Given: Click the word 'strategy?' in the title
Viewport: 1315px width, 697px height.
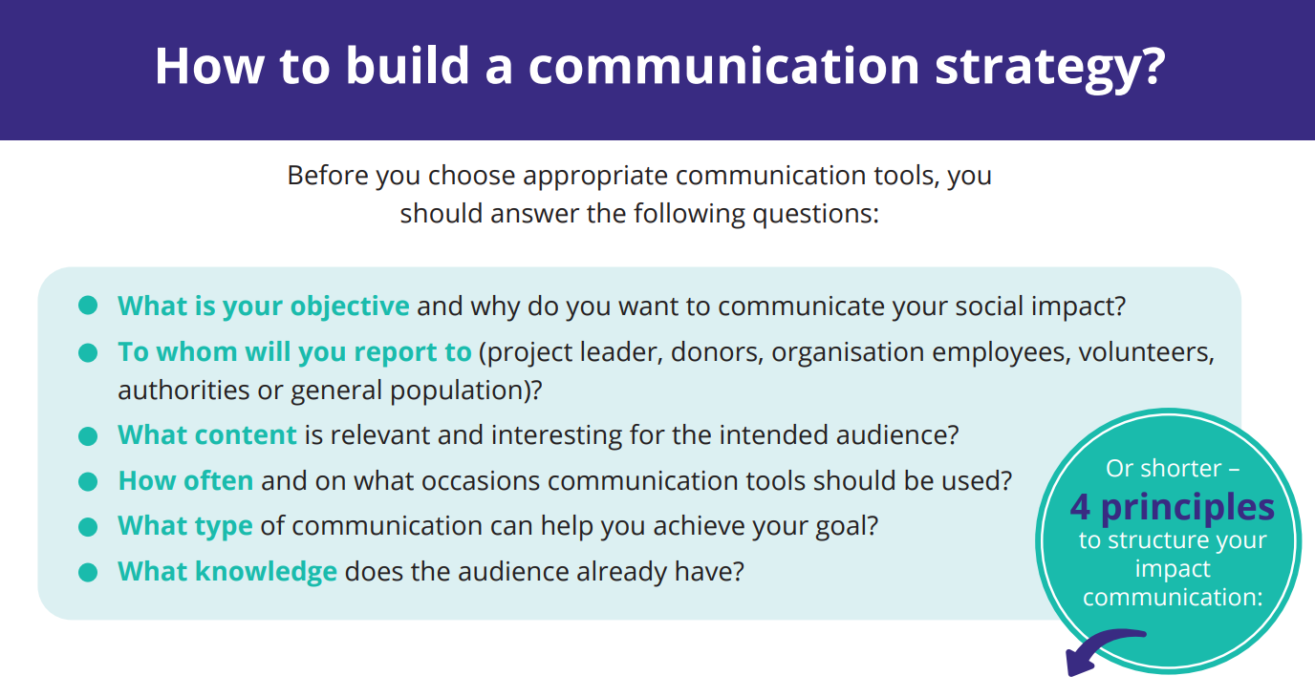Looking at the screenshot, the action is point(1050,67).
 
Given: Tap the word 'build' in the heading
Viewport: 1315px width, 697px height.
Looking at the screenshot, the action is point(407,65).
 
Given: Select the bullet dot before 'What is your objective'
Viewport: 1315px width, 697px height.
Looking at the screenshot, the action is point(88,306).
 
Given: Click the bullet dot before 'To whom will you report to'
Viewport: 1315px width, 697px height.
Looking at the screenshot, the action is point(88,352).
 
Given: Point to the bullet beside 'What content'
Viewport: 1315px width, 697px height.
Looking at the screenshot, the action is point(88,436).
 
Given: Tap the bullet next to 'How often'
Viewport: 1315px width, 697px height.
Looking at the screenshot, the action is point(88,481).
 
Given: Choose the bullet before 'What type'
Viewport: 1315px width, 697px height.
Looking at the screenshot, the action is point(88,526).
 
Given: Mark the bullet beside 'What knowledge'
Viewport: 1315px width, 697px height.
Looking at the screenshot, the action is point(88,572).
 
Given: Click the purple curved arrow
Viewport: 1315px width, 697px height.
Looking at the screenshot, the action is point(1099,644).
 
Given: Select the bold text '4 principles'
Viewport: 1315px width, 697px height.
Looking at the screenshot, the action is point(1173,508).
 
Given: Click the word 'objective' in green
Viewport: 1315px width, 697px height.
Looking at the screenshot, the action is point(350,306).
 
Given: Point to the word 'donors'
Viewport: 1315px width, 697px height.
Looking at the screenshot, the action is point(717,352).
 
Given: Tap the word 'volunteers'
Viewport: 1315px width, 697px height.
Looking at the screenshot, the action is point(1146,352).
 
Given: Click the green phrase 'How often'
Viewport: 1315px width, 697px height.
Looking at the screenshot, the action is point(185,480).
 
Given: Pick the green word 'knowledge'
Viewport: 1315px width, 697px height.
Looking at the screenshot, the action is point(266,572).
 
